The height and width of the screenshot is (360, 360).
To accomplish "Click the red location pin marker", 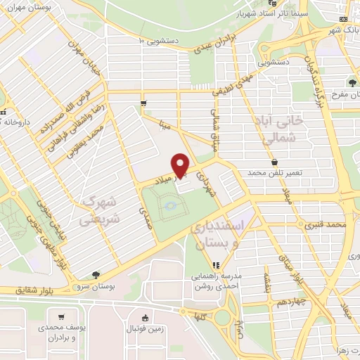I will [181, 165].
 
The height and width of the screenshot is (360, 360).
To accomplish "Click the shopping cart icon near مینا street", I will [143, 103].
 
